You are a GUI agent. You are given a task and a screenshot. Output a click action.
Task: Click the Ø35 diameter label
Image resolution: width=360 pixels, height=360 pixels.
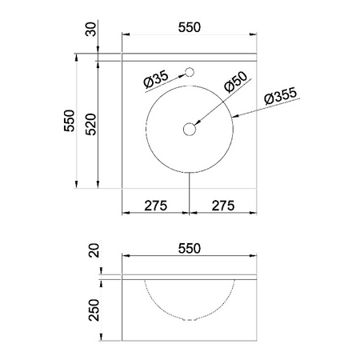156,79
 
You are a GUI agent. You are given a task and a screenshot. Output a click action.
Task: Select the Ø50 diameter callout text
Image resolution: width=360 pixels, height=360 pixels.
236,82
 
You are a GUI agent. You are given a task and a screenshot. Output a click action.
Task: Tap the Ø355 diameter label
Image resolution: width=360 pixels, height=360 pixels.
280,95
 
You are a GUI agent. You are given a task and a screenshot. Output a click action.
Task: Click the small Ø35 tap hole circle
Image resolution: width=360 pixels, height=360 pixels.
190,72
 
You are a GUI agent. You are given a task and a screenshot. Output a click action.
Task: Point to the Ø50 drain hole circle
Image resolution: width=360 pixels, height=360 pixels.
190,129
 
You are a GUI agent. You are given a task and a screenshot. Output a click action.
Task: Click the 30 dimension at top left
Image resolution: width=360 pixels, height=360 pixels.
90,30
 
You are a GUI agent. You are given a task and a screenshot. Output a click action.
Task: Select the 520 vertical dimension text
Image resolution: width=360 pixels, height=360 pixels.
90,124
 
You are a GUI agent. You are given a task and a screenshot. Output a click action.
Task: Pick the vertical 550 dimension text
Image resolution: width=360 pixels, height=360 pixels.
69,121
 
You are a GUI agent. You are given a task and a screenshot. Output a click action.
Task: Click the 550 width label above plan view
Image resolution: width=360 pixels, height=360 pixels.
190,27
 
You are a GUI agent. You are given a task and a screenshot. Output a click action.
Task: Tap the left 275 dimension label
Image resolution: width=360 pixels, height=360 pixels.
156,206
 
